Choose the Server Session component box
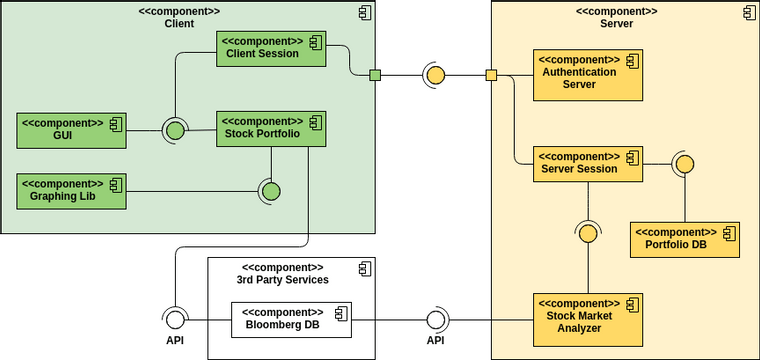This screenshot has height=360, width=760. (586, 163)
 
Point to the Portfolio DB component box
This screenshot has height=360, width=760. (685, 239)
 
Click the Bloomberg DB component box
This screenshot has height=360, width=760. (291, 319)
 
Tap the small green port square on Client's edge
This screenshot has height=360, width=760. (375, 75)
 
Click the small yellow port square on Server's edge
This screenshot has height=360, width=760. (491, 75)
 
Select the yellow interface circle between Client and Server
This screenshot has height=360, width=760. (434, 75)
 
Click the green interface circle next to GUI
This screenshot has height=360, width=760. (175, 130)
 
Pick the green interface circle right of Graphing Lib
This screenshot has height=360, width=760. (270, 191)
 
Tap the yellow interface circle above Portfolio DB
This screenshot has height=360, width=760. (685, 164)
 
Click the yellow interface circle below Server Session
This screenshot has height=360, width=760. (588, 233)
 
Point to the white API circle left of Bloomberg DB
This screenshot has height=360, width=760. (175, 319)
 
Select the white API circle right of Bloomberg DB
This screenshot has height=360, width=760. (435, 319)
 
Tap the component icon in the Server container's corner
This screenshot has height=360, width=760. (748, 12)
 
